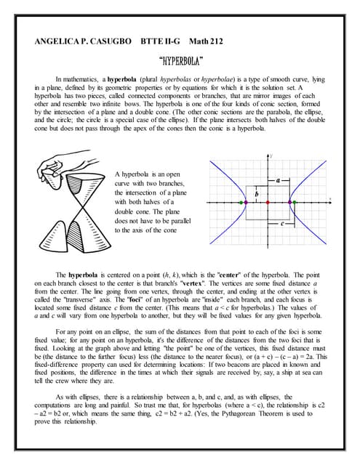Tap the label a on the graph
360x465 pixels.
coord(278,179)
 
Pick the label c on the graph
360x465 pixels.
coord(281,225)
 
